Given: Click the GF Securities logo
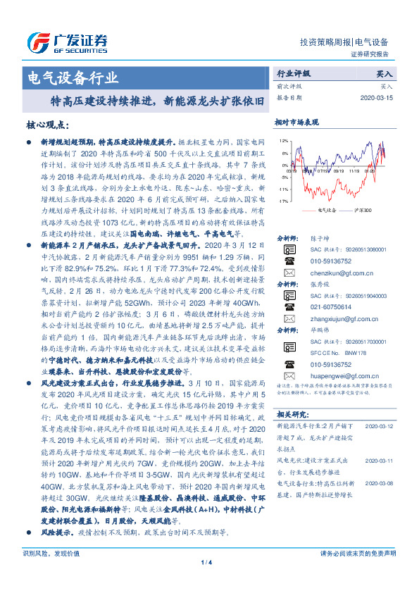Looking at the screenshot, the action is pos(67,42).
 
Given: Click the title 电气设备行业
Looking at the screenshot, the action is pos(72,77).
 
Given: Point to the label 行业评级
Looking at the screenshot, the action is pos(293,73).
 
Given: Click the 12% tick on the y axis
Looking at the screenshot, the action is pos(282,141).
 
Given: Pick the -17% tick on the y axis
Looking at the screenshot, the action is pos(282,201).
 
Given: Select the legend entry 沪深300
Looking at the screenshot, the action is pos(362,210).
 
